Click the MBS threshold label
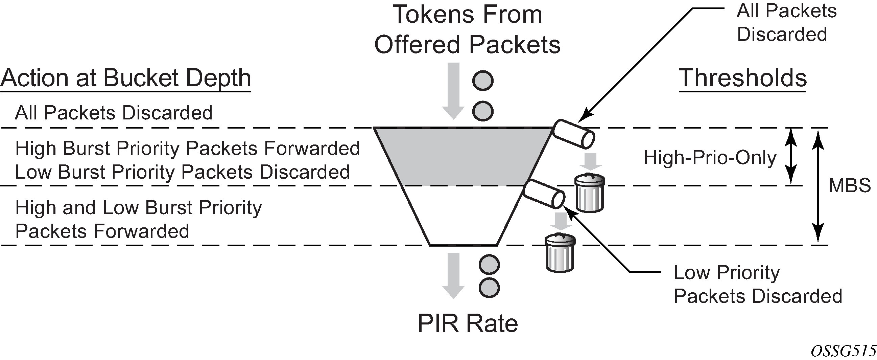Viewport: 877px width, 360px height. click(849, 186)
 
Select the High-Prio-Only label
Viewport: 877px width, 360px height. click(710, 158)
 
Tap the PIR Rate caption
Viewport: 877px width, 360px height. click(468, 323)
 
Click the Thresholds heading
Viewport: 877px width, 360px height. click(742, 78)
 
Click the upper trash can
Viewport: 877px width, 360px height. click(590, 193)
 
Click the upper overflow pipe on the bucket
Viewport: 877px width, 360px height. click(573, 134)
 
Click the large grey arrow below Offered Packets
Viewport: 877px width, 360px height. click(453, 91)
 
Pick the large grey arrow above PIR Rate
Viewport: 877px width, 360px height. click(453, 275)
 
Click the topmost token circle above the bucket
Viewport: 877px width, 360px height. click(483, 81)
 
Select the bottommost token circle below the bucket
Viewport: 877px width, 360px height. click(489, 288)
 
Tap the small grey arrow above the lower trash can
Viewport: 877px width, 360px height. click(561, 221)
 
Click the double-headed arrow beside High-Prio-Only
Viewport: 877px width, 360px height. click(791, 156)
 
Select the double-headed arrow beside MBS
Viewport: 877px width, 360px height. click(818, 186)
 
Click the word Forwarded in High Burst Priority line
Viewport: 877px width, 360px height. click(311, 149)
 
